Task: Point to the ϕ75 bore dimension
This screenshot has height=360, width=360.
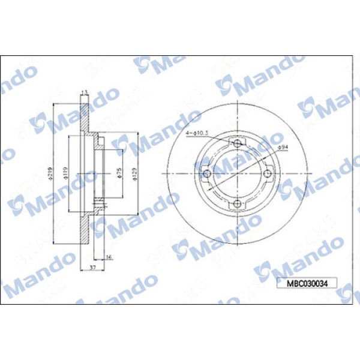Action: [119, 173]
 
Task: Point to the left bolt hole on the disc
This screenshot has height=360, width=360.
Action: [208, 174]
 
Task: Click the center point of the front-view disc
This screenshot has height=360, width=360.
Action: [238, 174]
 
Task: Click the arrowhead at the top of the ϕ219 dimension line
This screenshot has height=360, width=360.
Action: [55, 105]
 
